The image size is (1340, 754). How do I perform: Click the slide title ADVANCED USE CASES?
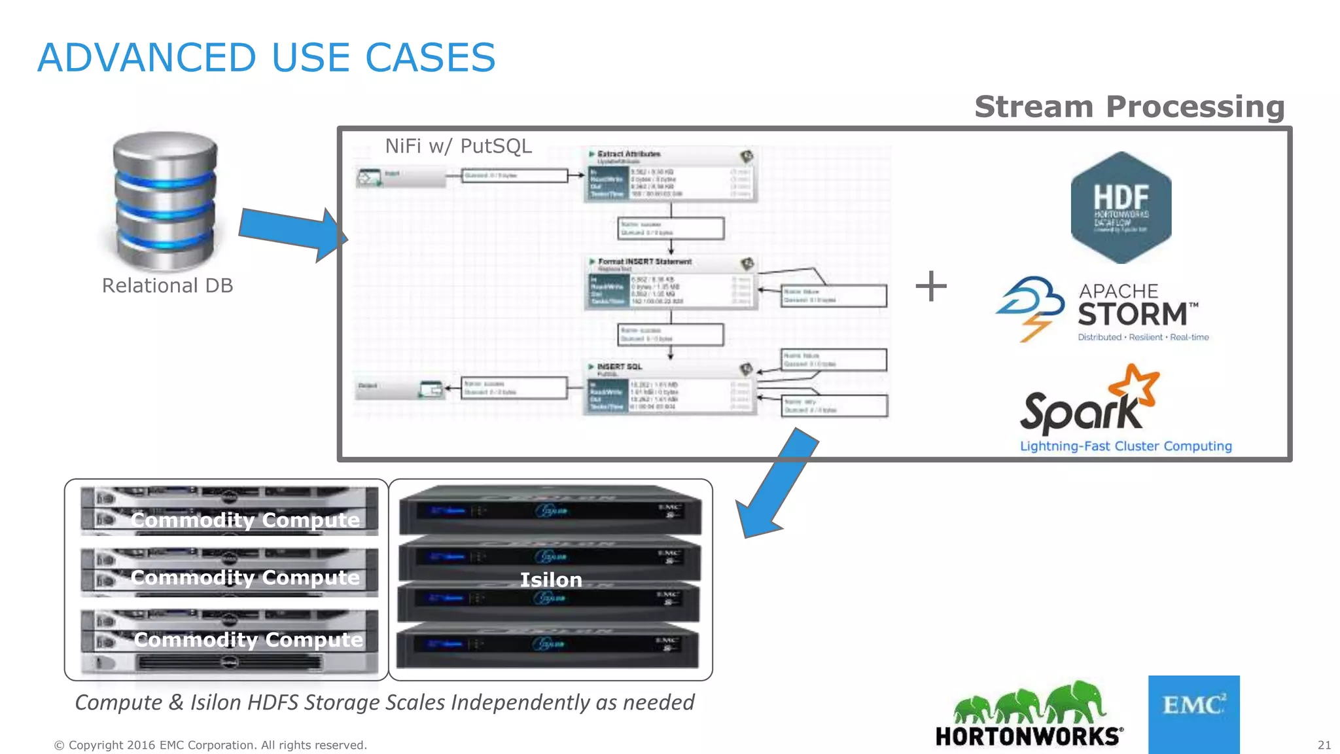[266, 58]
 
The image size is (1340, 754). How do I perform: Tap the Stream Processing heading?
[1129, 107]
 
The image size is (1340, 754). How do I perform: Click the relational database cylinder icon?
[164, 200]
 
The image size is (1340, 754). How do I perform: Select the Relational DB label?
[167, 285]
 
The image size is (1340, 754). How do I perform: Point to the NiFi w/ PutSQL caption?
[458, 146]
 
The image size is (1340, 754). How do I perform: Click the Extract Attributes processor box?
[671, 174]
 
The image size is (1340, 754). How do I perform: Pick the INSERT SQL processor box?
[670, 387]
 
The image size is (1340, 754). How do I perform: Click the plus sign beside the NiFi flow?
[930, 287]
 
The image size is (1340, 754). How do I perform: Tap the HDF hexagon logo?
[1121, 207]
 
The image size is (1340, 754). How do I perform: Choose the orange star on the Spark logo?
[1137, 384]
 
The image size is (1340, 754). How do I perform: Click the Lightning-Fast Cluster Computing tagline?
[1125, 446]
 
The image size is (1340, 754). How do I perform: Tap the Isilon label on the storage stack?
[550, 580]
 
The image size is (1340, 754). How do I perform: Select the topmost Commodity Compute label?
[245, 520]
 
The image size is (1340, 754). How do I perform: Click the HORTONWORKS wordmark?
[1029, 736]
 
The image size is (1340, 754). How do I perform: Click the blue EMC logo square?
[1193, 714]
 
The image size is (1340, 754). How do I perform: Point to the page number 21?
[1324, 745]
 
